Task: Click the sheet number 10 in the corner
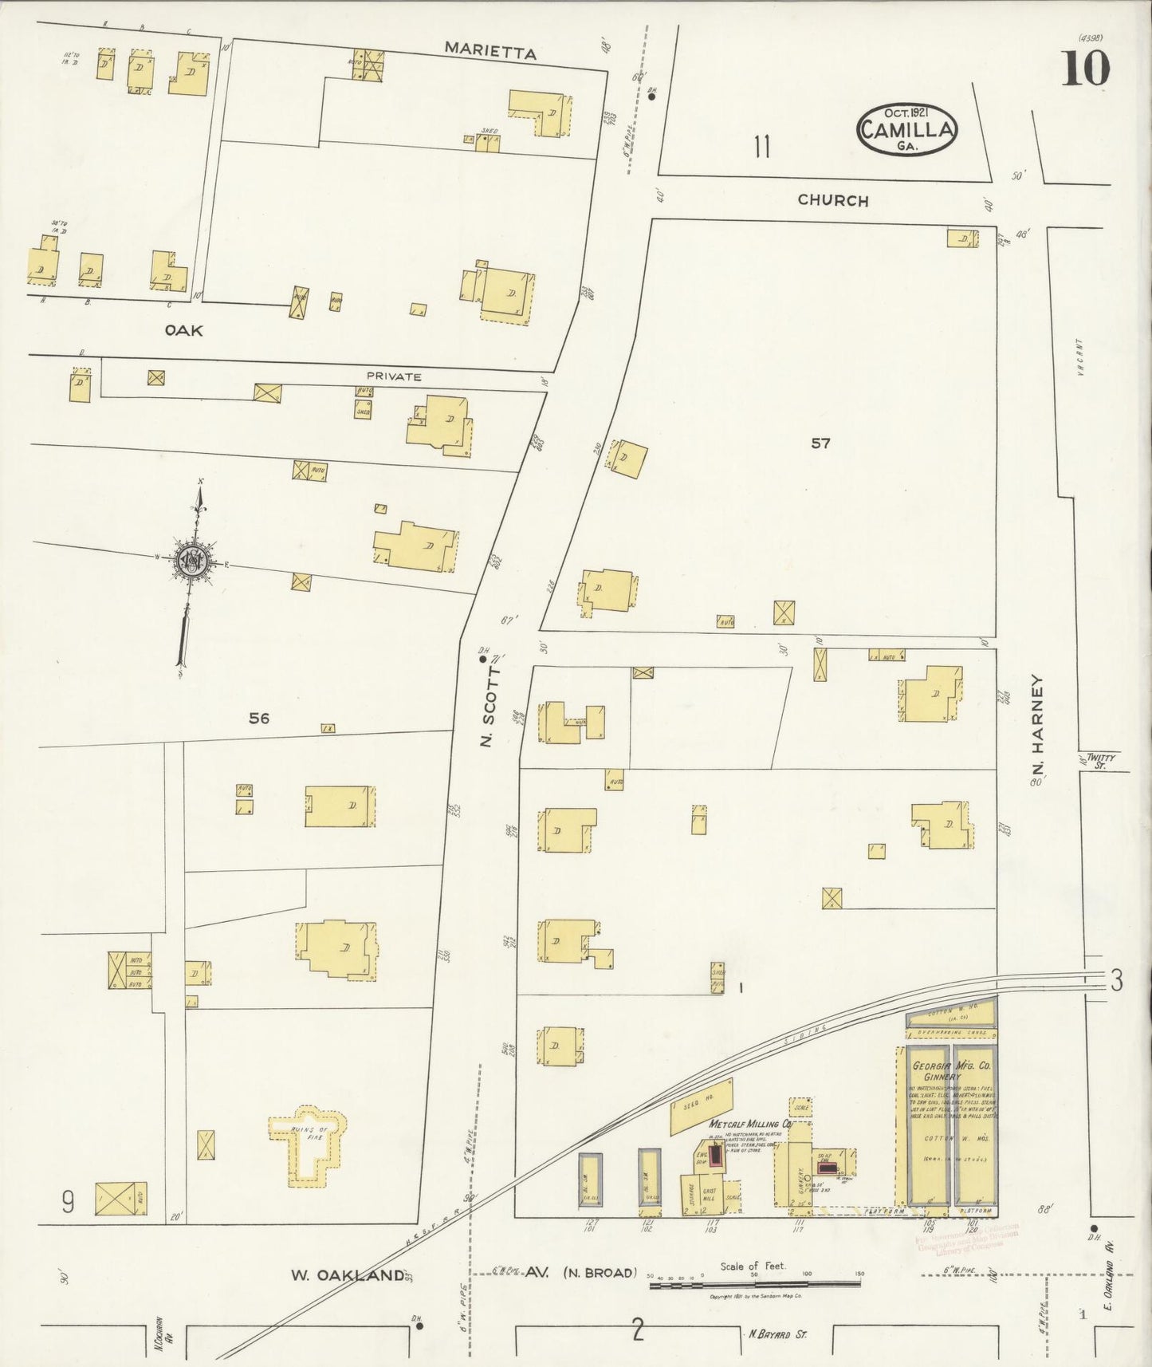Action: (x=1085, y=69)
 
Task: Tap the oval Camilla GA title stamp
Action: (x=906, y=129)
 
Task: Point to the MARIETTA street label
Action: (x=490, y=51)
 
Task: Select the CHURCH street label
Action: (x=833, y=200)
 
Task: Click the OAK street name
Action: (x=183, y=329)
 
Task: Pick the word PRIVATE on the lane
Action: (x=393, y=376)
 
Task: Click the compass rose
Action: (x=192, y=561)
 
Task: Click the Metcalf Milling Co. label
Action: (x=750, y=1124)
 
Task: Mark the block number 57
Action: (x=820, y=443)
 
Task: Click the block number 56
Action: (x=258, y=719)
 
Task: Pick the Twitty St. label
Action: (x=1103, y=761)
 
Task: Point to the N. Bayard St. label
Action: (x=777, y=1333)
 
